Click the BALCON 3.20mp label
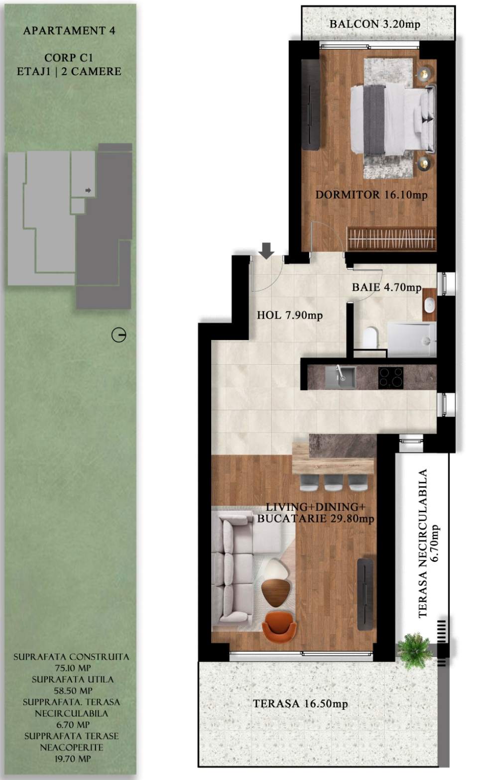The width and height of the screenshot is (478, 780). (374, 24)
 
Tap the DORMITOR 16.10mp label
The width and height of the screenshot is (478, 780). (371, 195)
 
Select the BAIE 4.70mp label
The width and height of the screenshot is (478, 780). (386, 287)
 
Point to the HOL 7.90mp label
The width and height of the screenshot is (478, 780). (289, 315)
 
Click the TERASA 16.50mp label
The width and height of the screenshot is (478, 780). (300, 704)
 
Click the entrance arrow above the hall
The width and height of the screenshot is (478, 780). (267, 250)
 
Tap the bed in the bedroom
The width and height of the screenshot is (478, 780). (391, 119)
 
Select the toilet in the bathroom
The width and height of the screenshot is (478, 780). (370, 337)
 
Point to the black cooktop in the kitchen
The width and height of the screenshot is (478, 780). (391, 377)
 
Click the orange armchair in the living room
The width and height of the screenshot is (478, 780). (279, 627)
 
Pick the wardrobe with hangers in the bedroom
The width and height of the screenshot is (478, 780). (391, 238)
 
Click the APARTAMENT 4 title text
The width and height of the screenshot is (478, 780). (69, 30)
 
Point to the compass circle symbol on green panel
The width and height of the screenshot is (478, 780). (119, 335)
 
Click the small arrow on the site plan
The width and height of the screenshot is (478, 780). (88, 190)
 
